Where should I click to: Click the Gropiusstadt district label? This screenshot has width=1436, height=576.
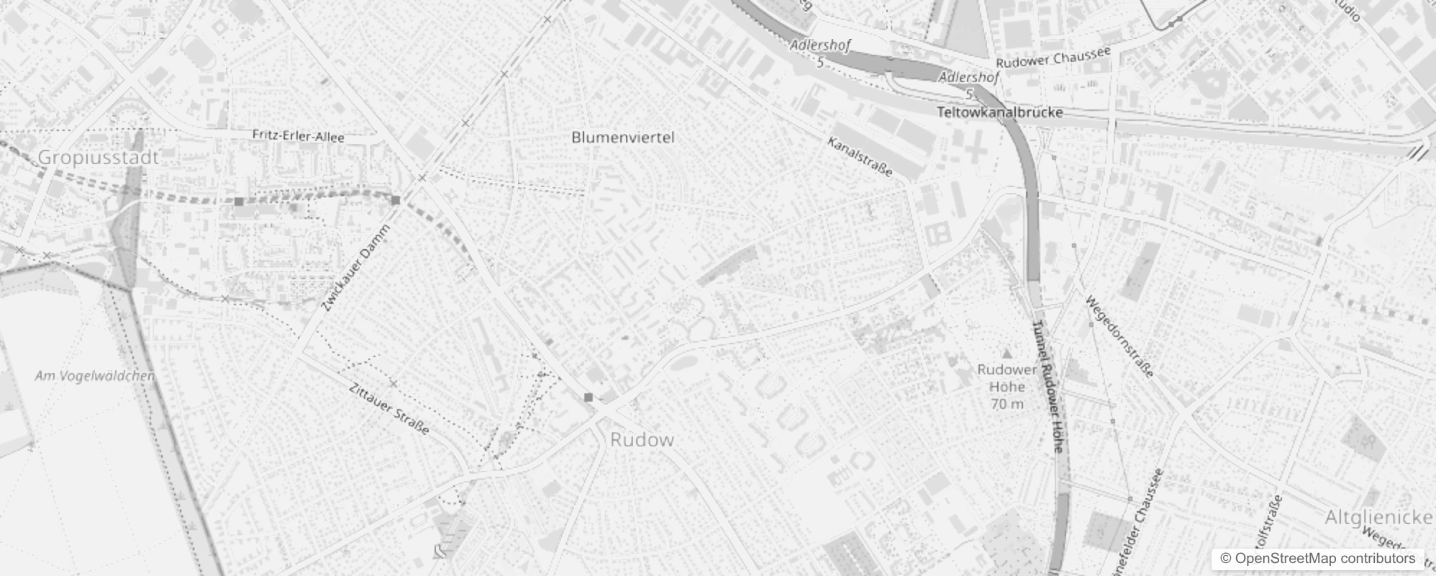tap(98, 158)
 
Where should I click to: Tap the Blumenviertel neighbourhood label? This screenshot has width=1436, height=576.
tap(623, 137)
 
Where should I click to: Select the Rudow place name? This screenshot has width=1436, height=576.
tap(642, 440)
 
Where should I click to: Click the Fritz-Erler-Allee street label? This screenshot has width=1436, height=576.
tap(298, 136)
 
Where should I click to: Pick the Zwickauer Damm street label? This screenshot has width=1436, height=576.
tap(355, 269)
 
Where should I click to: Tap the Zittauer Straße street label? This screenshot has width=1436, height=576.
tap(388, 408)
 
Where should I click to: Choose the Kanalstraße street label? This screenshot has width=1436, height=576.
tap(860, 157)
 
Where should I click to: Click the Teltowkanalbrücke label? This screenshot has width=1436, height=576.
tap(1000, 112)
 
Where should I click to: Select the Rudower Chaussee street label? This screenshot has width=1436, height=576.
tap(1053, 56)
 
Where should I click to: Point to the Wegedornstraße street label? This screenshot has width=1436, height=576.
tap(1119, 336)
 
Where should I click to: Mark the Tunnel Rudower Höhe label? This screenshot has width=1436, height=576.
tap(1048, 386)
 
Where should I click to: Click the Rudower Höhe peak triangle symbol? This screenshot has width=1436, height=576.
tap(1007, 354)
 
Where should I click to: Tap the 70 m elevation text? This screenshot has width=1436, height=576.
tap(1007, 404)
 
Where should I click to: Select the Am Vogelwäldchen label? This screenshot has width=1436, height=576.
tap(95, 376)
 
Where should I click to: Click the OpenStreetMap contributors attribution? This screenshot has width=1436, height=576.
tap(1317, 559)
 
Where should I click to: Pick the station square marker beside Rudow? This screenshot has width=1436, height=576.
tap(589, 397)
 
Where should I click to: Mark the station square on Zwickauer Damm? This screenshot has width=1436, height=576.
tap(396, 199)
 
